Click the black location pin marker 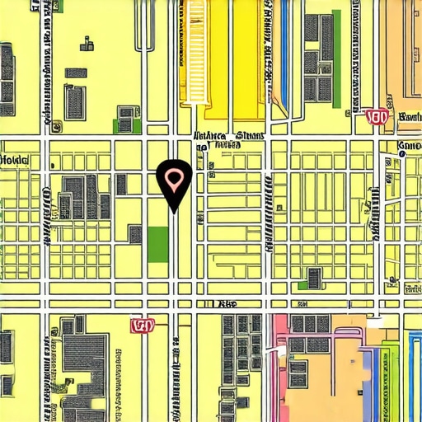pyautogui.click(x=174, y=183)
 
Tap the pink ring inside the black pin pyautogui.click(x=174, y=177)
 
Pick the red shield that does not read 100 pyautogui.click(x=143, y=326)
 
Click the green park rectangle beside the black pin pyautogui.click(x=157, y=240)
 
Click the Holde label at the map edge pyautogui.click(x=14, y=160)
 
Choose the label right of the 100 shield pyautogui.click(x=409, y=117)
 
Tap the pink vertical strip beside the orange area pyautogui.click(x=280, y=367)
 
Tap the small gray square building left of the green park pyautogui.click(x=134, y=234)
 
